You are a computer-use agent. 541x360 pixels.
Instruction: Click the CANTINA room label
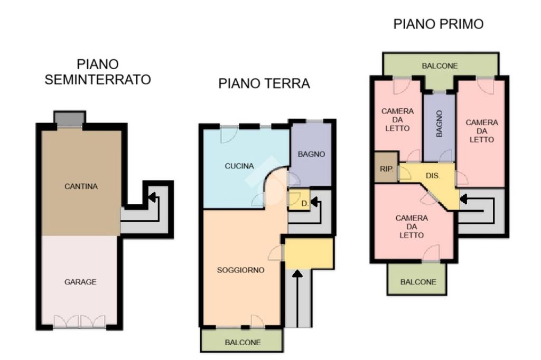tap(81, 186)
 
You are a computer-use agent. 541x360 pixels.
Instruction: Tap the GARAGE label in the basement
tap(80, 282)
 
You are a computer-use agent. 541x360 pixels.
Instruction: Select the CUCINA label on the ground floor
tap(239, 166)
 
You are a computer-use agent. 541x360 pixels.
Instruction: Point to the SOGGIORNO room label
tap(240, 270)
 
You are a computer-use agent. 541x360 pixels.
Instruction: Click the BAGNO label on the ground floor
tap(311, 154)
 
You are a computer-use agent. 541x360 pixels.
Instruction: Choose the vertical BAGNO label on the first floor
tap(439, 124)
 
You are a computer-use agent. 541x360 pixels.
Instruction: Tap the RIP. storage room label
tap(386, 169)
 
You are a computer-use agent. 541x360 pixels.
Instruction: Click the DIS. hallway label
tap(433, 176)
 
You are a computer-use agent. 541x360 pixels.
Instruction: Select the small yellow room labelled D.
tap(299, 200)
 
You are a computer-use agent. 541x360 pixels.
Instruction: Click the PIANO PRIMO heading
tap(438, 24)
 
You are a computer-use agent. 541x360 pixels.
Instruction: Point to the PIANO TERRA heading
tap(264, 83)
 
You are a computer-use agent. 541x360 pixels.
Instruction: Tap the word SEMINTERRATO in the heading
tap(98, 80)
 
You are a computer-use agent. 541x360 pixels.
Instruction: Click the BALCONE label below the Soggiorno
tap(242, 343)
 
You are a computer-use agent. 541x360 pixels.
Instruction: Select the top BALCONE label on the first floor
tap(440, 66)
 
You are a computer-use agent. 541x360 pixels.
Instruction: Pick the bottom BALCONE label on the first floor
tap(418, 282)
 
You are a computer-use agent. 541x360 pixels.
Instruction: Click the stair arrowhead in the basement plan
tap(152, 197)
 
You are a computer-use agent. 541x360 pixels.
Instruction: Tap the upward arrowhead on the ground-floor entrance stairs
tap(297, 274)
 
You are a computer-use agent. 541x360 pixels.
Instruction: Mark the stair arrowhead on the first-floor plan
tap(463, 199)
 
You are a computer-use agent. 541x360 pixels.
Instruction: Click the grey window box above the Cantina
tap(70, 118)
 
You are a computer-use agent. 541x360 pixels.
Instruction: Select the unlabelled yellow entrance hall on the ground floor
tap(309, 253)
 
